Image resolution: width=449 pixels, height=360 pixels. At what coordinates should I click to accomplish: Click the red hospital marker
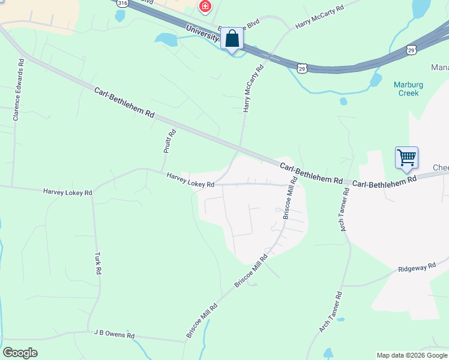pyautogui.click(x=205, y=7)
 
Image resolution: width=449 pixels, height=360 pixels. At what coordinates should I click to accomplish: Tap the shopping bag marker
pyautogui.click(x=232, y=39)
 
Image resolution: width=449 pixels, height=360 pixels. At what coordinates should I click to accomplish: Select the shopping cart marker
pyautogui.click(x=406, y=158)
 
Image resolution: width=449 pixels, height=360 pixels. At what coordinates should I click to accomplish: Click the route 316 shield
pyautogui.click(x=123, y=3)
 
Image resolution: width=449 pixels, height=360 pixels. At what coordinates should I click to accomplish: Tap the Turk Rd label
pyautogui.click(x=98, y=263)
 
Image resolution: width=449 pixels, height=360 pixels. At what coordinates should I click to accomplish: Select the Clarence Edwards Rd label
pyautogui.click(x=18, y=89)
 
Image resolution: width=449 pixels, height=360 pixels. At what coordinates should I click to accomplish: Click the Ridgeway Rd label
pyautogui.click(x=416, y=268)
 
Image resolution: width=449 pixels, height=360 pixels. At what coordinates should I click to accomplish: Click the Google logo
pyautogui.click(x=20, y=353)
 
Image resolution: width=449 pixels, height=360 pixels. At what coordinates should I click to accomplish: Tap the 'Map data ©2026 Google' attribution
pyautogui.click(x=412, y=355)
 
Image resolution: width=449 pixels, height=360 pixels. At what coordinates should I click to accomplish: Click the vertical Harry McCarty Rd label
pyautogui.click(x=253, y=89)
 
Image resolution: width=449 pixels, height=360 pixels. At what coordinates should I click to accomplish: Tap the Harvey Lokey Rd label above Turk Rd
pyautogui.click(x=67, y=193)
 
